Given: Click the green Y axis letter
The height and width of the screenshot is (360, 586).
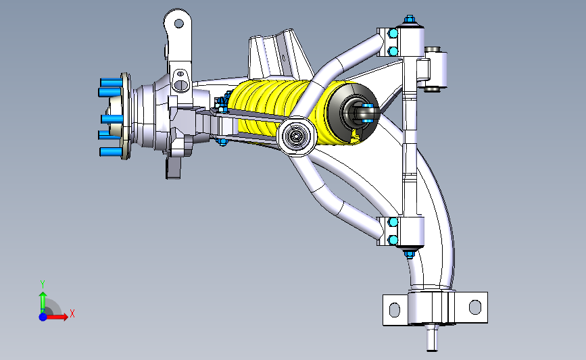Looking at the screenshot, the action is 43,284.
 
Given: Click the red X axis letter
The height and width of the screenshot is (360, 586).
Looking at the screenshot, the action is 72,313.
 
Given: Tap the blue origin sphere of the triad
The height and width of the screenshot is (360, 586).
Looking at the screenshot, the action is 43,317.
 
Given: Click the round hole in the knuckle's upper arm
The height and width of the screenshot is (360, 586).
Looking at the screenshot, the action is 179,24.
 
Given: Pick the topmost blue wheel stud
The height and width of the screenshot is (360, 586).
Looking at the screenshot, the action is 111,82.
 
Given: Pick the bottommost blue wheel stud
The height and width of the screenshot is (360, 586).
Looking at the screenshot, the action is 111,152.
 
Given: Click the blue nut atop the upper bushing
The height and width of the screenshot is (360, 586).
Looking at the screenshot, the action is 409,19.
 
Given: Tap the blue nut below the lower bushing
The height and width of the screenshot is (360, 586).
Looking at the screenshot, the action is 409,255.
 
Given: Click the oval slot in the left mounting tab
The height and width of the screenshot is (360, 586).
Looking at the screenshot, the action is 395,309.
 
